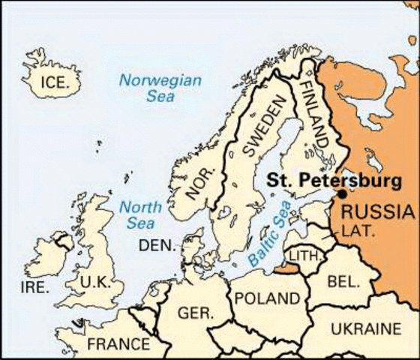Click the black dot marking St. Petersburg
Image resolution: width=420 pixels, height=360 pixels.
point(342,194)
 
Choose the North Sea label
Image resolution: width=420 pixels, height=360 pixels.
point(140,214)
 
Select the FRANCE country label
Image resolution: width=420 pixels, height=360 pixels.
point(118,345)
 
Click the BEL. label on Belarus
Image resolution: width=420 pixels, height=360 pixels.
point(343,282)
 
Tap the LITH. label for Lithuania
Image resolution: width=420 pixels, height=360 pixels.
point(303,256)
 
